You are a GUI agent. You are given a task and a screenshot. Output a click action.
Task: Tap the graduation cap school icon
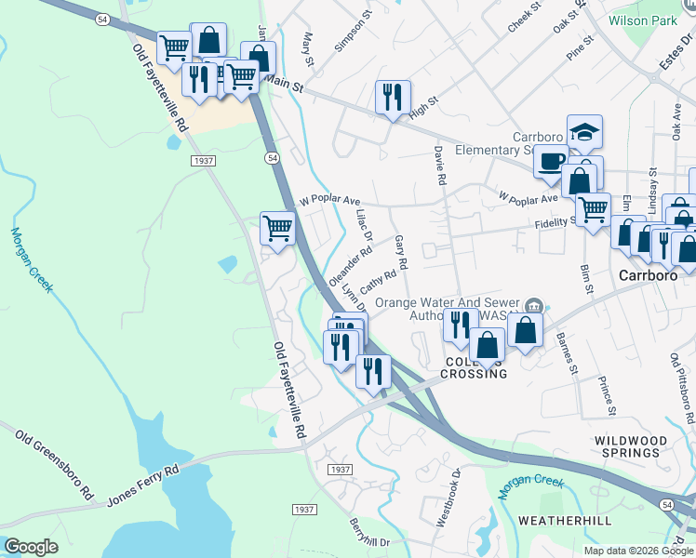pyautogui.click(x=584, y=131)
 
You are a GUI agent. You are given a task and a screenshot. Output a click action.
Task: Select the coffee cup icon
pyautogui.click(x=551, y=160)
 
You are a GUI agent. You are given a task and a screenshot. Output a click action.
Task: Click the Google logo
pyautogui.click(x=31, y=547)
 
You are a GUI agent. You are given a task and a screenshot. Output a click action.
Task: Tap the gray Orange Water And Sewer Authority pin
pyautogui.click(x=534, y=304)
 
